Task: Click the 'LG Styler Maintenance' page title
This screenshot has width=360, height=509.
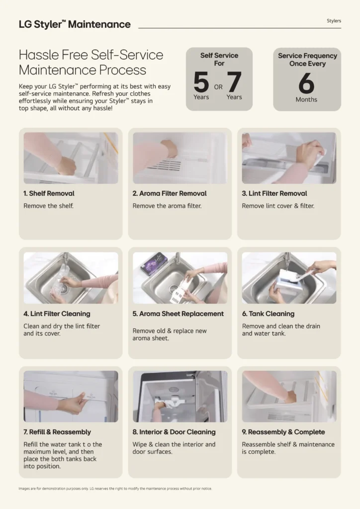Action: pos(75,24)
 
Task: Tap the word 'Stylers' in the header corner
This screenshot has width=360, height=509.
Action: pos(334,21)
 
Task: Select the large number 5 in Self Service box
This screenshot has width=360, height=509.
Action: pos(201,82)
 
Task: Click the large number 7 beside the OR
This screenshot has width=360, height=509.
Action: pos(234,82)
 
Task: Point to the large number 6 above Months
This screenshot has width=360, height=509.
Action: pos(306,83)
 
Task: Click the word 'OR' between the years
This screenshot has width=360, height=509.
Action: pos(218,87)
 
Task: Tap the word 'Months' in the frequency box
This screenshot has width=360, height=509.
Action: pos(306,99)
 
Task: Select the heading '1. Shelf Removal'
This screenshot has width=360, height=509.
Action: pos(49,193)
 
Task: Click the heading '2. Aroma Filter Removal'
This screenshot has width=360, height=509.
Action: pos(170,193)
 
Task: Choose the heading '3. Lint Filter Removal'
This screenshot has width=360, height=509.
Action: pos(274,193)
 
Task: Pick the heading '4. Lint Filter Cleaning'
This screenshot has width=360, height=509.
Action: pos(57,314)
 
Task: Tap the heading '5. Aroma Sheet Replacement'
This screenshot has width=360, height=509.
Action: pos(178,314)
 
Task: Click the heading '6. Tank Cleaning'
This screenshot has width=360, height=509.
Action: pos(268,314)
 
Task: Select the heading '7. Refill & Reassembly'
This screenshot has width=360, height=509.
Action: pos(57,432)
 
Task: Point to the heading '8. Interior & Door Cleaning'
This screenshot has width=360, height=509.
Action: pos(174,432)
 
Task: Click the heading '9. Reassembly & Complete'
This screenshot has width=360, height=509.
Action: pos(283,432)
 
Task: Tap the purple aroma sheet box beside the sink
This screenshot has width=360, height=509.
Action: pos(154,263)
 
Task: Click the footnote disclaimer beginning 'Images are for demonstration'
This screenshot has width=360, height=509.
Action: pos(115,489)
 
